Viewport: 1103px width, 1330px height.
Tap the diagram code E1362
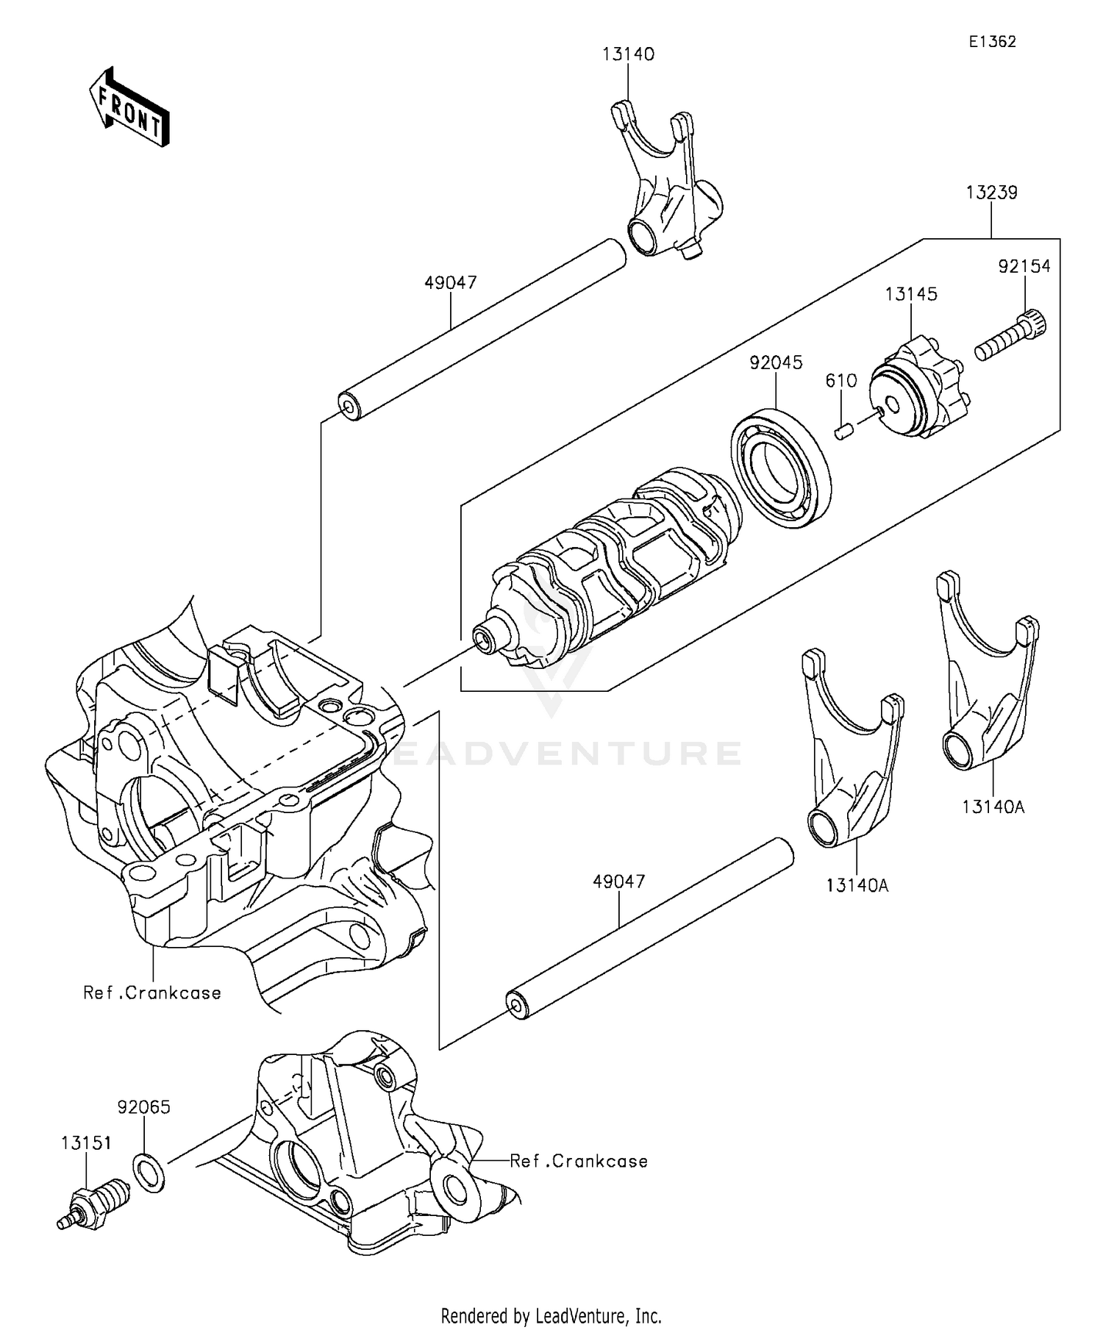991,42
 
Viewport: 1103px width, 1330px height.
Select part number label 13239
991,193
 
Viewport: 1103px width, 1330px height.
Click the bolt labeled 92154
1010,337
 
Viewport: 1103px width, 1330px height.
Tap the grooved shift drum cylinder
610,566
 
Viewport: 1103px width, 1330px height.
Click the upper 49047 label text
451,282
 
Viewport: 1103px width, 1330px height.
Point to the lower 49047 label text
619,881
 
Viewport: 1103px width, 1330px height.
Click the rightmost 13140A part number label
993,807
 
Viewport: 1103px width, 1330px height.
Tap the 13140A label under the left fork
857,885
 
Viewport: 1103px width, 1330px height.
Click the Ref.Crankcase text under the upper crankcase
152,993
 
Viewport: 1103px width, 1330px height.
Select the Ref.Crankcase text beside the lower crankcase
579,1161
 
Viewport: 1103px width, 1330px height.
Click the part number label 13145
911,294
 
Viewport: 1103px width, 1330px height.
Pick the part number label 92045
776,362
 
